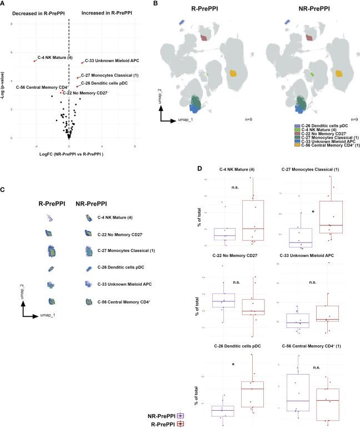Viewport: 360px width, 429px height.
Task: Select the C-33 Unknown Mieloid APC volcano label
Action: click(x=108, y=60)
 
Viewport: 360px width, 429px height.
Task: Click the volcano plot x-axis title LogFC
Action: click(x=68, y=153)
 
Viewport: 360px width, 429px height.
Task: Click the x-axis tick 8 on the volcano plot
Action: click(x=135, y=146)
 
